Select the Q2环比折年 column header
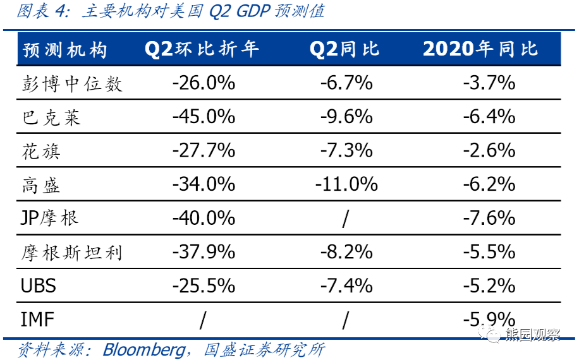202,49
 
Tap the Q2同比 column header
344,49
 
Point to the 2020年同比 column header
480,49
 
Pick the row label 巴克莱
51,117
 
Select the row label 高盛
41,184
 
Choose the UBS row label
39,285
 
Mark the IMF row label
38,320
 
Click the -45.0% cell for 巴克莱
203,117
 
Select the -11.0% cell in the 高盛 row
346,184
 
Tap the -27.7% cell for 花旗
203,151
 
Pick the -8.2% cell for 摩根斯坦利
346,252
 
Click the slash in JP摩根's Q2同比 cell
345,219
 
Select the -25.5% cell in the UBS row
203,285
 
